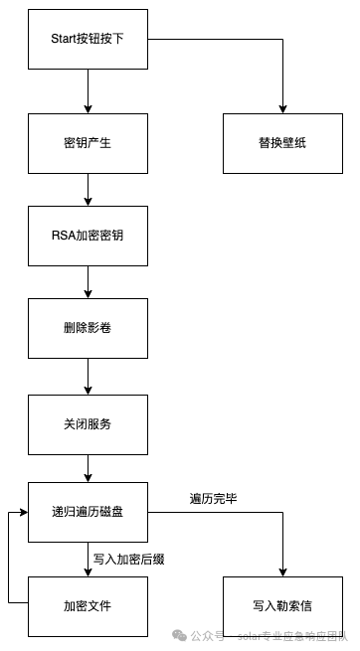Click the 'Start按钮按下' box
(x=89, y=39)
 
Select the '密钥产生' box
(x=89, y=143)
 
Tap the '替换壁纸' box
(x=282, y=143)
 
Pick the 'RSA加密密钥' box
(x=89, y=236)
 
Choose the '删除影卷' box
(x=89, y=328)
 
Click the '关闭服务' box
(x=89, y=424)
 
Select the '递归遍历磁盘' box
(x=89, y=512)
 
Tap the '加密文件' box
(x=89, y=606)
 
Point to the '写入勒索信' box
(x=282, y=606)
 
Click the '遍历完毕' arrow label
(x=214, y=498)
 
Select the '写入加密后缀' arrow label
(x=128, y=559)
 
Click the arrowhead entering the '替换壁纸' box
(x=282, y=108)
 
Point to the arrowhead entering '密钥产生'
(x=89, y=108)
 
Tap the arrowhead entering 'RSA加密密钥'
(x=89, y=202)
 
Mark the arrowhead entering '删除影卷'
(x=89, y=293)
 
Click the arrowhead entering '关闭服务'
(x=89, y=390)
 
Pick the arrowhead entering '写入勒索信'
(x=282, y=571)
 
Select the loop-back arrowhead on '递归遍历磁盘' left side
(x=23, y=512)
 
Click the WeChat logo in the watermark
(x=179, y=635)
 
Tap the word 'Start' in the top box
(x=64, y=39)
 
